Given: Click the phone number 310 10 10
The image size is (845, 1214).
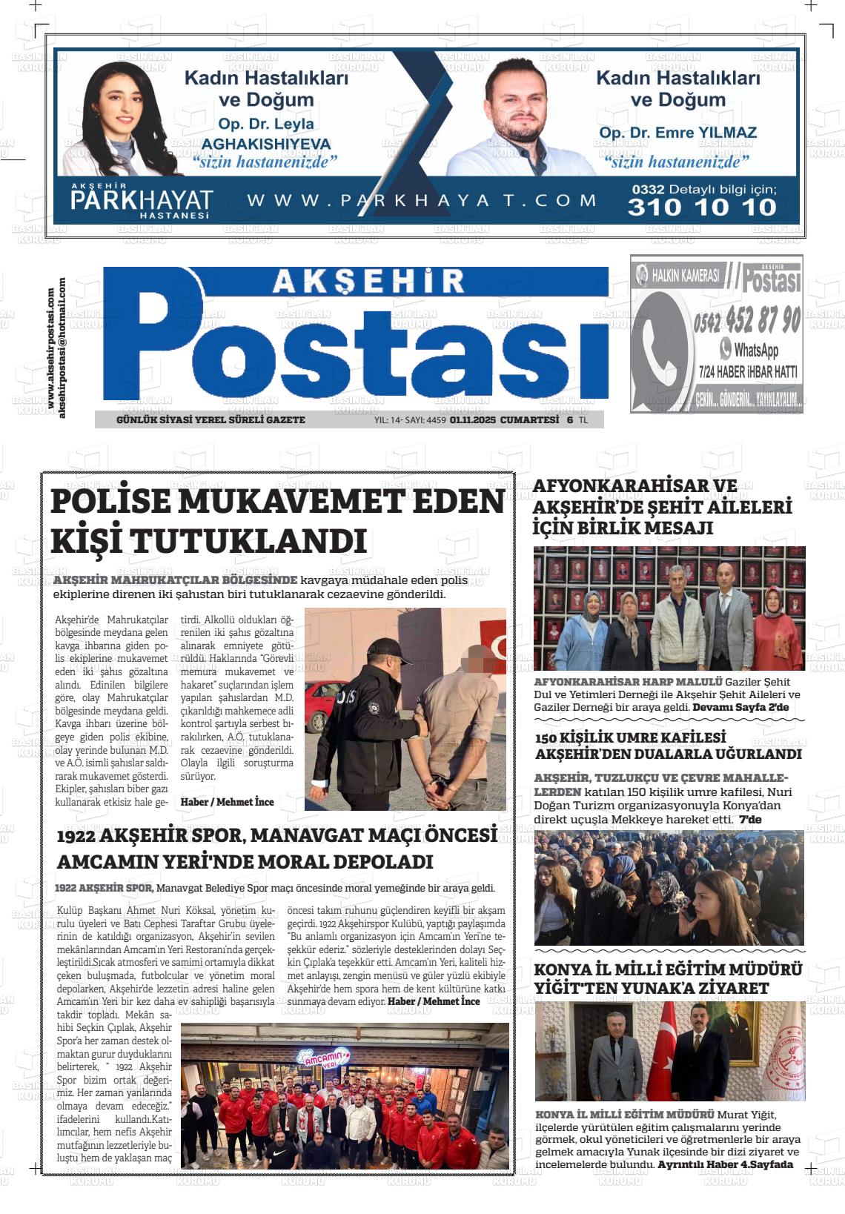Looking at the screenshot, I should pos(701,207).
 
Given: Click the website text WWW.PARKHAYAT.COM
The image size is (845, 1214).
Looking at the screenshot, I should pos(422,200).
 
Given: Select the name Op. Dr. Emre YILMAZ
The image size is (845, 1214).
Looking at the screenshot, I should pos(677,133).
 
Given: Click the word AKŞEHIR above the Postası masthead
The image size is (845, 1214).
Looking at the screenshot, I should pos(368,279).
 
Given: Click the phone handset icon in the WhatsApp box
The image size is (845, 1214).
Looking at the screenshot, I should pos(662,349).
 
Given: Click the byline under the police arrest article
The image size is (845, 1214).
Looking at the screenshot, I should pos(228,802).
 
